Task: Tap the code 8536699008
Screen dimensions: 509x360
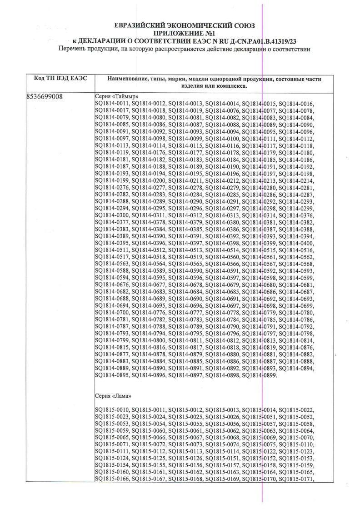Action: [x=45, y=96]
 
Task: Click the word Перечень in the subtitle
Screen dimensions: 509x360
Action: [x=74, y=49]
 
